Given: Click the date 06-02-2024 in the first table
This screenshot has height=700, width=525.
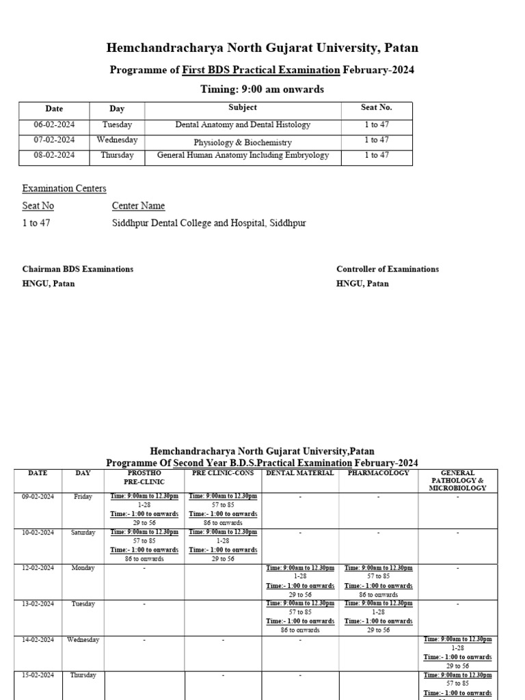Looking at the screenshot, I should tap(54, 125).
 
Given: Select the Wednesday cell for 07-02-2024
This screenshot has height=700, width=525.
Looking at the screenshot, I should tap(117, 140).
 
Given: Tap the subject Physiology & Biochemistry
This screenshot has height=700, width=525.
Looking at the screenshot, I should tap(243, 143).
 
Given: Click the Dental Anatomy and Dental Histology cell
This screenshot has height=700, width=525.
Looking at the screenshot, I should tap(243, 125).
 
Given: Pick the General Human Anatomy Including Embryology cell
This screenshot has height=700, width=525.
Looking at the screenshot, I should tap(243, 155).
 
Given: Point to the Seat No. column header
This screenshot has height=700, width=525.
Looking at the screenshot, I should tap(376, 108).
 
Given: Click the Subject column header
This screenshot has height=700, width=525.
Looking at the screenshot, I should tap(243, 107).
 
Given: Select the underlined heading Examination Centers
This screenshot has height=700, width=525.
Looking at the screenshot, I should tap(64, 189).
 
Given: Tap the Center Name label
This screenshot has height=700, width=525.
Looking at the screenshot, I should tap(138, 206).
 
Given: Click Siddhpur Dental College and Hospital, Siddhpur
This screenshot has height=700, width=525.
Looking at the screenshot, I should tap(209, 224).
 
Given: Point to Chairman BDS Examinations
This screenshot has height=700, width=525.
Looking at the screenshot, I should tap(78, 269).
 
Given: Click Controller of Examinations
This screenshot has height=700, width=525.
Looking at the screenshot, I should tap(388, 269).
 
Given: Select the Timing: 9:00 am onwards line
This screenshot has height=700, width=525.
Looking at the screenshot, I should tap(262, 90).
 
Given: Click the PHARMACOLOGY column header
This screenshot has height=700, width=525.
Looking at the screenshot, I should tap(379, 473).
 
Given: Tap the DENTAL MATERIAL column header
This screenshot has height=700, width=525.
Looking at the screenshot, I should tap(299, 473).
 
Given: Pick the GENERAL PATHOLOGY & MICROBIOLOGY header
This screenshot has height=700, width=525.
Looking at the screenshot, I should tap(457, 481).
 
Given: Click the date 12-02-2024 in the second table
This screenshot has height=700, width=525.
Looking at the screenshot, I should tap(38, 568).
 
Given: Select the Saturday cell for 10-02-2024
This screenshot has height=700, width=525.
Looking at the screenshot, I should tap(83, 533).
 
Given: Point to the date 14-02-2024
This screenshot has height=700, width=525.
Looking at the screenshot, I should tap(38, 640).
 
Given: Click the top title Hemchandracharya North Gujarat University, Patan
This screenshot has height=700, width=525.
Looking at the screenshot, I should tap(262, 48).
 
